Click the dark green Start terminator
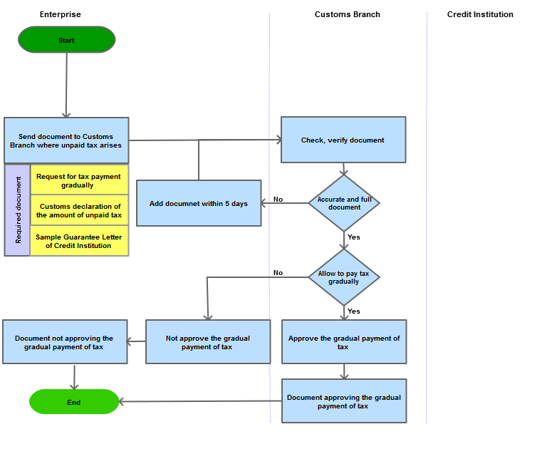67,39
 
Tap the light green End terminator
74,401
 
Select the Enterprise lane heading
61,14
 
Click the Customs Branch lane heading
348,14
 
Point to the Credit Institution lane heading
480,14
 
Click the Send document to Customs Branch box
66,140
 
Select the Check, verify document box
343,140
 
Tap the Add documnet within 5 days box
199,203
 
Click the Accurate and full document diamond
344,203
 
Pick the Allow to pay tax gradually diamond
344,277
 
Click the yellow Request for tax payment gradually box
79,180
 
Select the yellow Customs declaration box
79,210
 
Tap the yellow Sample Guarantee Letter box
79,241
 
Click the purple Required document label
17,210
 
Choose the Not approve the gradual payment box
208,342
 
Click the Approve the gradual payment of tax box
344,342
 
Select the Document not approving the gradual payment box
65,342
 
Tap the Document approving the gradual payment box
344,401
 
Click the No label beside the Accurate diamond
278,199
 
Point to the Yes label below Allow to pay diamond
354,311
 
